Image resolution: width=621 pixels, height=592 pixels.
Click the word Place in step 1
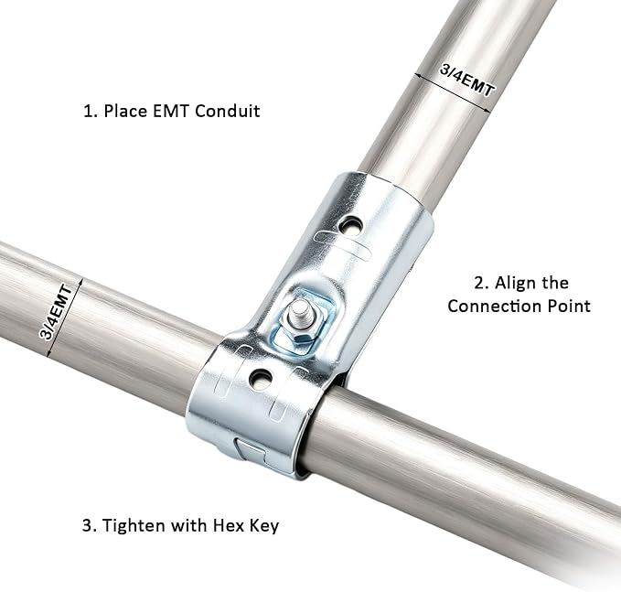pos(125,111)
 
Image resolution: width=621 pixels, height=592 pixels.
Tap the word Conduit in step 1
pos(228,111)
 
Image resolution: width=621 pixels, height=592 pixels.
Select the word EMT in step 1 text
pos(171,111)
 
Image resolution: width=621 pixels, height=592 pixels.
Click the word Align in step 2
pos(512,284)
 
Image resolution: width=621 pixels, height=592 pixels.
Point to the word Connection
pos(495,307)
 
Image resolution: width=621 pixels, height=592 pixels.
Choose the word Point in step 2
pos(569,307)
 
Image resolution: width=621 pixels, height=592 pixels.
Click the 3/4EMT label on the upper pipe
pos(467,81)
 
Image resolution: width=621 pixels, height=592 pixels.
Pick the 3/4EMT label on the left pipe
pos(56,312)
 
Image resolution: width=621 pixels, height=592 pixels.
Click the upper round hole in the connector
pos(350,227)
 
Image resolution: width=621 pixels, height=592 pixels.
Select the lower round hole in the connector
pos(261,378)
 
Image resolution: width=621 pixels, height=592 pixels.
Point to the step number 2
pos(481,284)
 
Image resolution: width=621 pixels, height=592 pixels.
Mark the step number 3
pos(89,526)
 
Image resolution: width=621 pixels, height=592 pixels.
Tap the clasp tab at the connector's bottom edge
pos(250,450)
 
